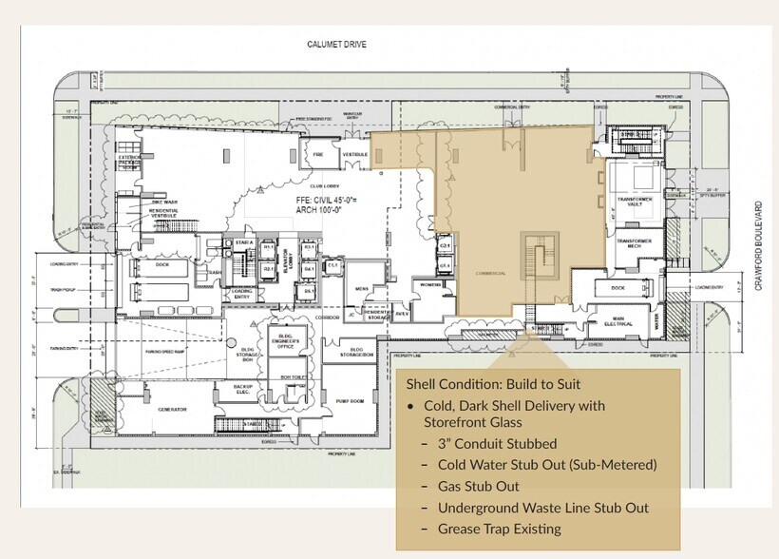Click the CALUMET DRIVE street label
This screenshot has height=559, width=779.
click(335, 44)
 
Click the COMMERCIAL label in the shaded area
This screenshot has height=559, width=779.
click(490, 273)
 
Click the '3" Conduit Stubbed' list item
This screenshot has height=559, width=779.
click(497, 443)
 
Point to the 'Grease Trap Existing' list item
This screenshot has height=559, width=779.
click(499, 529)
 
